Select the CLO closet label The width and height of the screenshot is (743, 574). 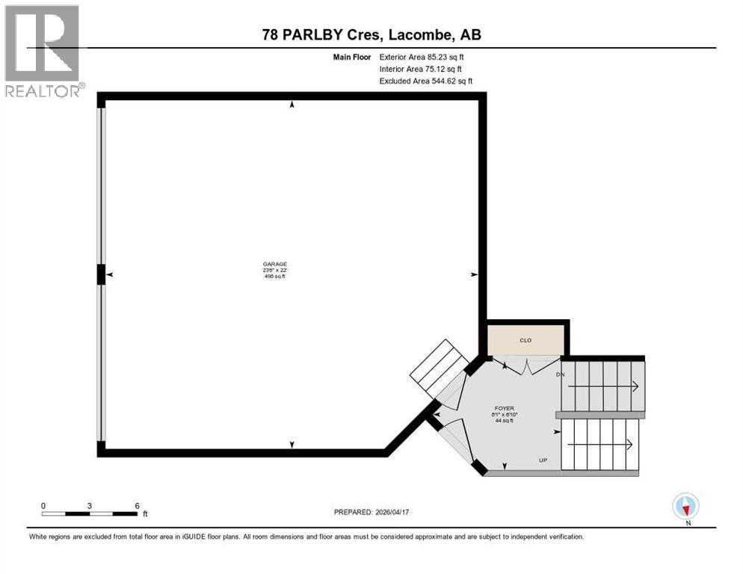pyautogui.click(x=525, y=340)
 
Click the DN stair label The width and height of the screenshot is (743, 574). pyautogui.click(x=561, y=374)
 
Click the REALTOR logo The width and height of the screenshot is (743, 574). pyautogui.click(x=43, y=51)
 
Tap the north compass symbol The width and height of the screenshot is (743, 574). pyautogui.click(x=685, y=506)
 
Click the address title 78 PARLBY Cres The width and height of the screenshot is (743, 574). pyautogui.click(x=371, y=35)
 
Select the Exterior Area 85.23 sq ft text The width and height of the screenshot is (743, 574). pyautogui.click(x=427, y=57)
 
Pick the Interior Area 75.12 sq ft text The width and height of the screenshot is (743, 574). pyautogui.click(x=425, y=69)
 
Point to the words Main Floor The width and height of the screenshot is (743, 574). pyautogui.click(x=351, y=57)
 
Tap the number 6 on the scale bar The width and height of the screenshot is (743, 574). pyautogui.click(x=136, y=505)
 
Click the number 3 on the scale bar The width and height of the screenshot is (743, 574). pyautogui.click(x=90, y=505)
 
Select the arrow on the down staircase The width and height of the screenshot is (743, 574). pyautogui.click(x=634, y=386)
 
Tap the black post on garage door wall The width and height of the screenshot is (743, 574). pyautogui.click(x=101, y=275)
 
